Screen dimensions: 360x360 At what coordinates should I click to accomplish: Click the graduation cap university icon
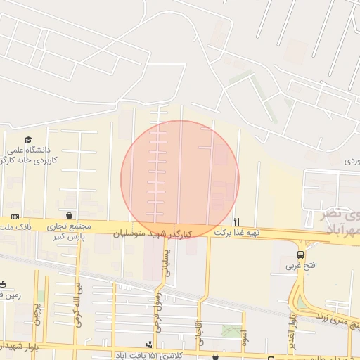coord(28,139)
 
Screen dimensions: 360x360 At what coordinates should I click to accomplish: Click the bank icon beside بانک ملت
coord(15,217)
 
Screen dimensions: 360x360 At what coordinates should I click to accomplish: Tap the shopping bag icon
coord(70,216)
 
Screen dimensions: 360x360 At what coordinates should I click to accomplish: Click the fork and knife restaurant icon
coord(236,221)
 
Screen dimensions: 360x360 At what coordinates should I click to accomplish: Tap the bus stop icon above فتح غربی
coord(301,255)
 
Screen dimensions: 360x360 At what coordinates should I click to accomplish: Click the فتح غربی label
coord(301,266)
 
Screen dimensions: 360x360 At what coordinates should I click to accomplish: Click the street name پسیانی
coord(167,260)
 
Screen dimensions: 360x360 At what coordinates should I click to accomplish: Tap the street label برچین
coord(37,317)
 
